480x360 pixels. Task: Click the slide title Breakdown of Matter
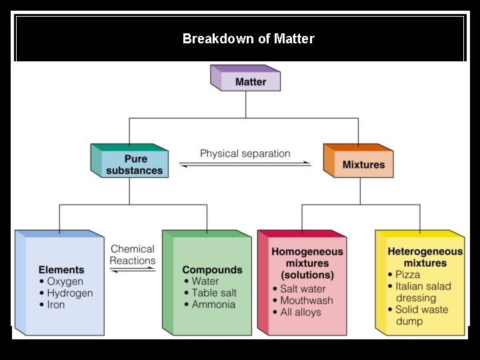pos(248,39)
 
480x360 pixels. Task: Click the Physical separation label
pos(245,153)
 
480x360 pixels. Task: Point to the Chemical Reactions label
pos(133,255)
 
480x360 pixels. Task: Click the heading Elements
pos(61,270)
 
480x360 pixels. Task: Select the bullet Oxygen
pos(65,281)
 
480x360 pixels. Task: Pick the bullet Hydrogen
pos(69,293)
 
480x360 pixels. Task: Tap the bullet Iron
pos(55,305)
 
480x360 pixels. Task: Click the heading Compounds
pos(212,270)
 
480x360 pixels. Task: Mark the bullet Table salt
pos(214,293)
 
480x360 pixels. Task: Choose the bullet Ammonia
pos(213,304)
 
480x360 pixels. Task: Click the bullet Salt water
pos(303,289)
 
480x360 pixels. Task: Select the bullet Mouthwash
pos(306,300)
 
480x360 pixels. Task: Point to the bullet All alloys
pos(300,312)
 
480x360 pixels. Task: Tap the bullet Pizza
pos(407,275)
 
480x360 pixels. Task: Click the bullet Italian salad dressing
pos(423,292)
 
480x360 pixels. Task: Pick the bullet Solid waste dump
pos(421,315)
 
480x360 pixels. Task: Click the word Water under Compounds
pos(205,281)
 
